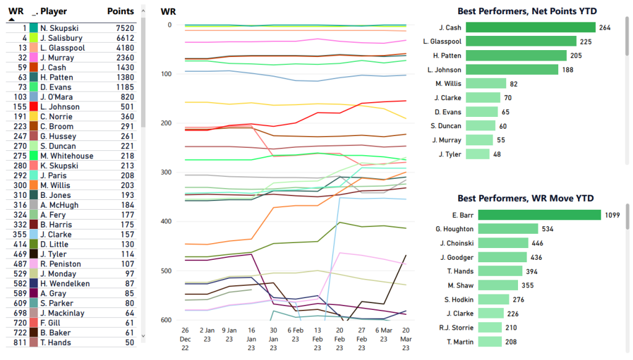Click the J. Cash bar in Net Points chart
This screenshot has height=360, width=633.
[x=530, y=27]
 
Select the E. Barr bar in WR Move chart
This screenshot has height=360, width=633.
[x=533, y=215]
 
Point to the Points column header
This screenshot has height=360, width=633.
[x=120, y=11]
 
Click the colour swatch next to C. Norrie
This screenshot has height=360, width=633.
[x=33, y=116]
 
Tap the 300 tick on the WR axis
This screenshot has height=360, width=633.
[x=166, y=172]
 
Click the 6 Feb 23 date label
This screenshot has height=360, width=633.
[x=295, y=335]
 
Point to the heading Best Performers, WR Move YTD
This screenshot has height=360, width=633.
[x=526, y=199]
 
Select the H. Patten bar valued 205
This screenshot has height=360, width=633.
[x=516, y=55]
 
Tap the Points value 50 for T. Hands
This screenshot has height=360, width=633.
[x=129, y=343]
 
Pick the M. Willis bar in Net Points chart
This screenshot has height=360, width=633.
[x=486, y=84]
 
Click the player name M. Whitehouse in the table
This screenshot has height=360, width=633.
[x=67, y=156]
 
